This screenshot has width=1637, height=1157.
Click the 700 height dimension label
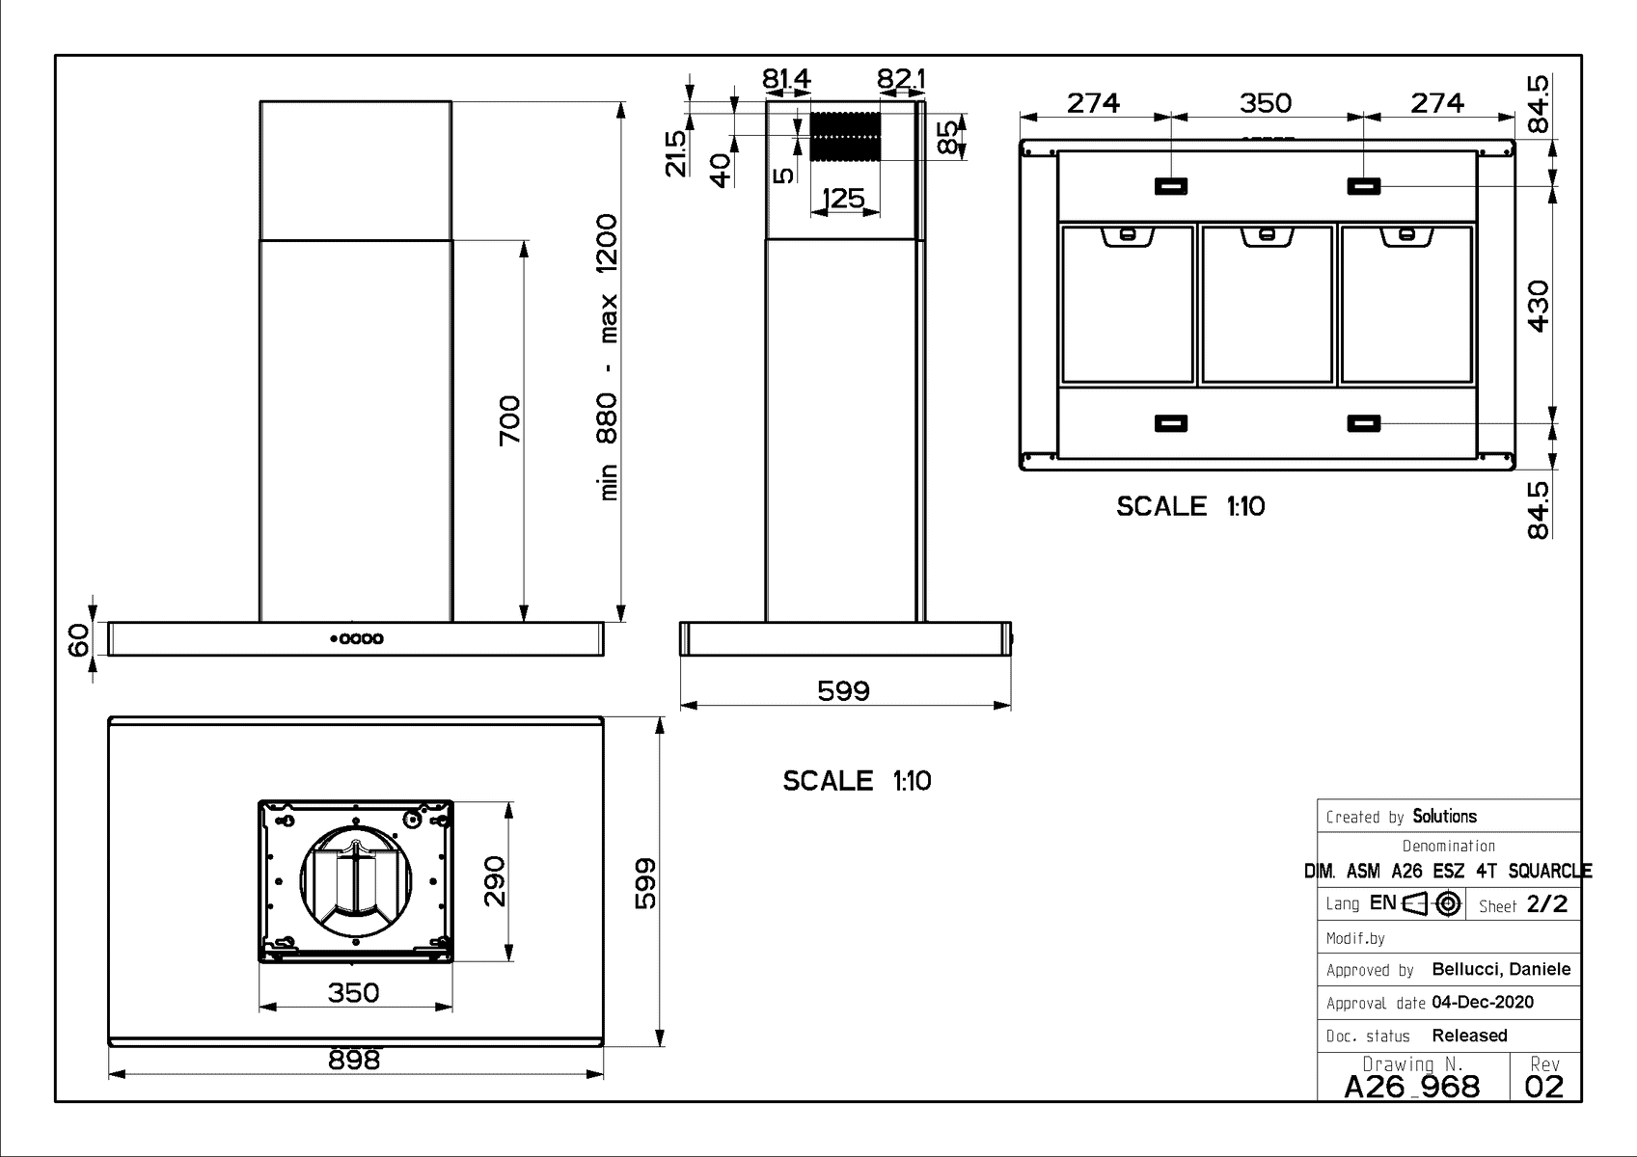pyautogui.click(x=509, y=420)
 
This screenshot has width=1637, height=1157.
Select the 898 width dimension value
pyautogui.click(x=354, y=1060)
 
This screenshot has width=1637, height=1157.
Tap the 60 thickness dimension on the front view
pyautogui.click(x=79, y=640)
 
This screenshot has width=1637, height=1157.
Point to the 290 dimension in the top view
pyautogui.click(x=495, y=881)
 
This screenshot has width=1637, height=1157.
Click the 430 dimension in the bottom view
pyautogui.click(x=1539, y=306)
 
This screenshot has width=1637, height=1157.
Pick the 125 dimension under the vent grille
pyautogui.click(x=843, y=198)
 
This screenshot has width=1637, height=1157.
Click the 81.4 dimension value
pyautogui.click(x=786, y=78)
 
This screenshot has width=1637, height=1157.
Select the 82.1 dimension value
pyautogui.click(x=901, y=78)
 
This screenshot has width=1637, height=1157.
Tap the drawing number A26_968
pyautogui.click(x=1412, y=1087)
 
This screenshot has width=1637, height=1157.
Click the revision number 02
pyautogui.click(x=1544, y=1087)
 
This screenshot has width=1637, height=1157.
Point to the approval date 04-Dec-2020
pyautogui.click(x=1483, y=1002)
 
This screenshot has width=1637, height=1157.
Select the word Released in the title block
pyautogui.click(x=1470, y=1035)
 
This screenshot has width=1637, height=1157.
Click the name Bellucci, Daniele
pyautogui.click(x=1501, y=969)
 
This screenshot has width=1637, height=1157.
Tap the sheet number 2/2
pyautogui.click(x=1547, y=904)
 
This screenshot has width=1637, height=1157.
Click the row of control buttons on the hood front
pyautogui.click(x=357, y=639)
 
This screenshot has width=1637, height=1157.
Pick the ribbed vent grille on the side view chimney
pyautogui.click(x=846, y=137)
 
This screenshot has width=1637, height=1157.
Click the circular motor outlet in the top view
pyautogui.click(x=356, y=881)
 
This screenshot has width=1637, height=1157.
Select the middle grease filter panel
pyautogui.click(x=1268, y=304)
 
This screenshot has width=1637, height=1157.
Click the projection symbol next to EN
pyautogui.click(x=1432, y=903)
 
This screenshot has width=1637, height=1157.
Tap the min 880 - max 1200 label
pyautogui.click(x=608, y=357)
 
